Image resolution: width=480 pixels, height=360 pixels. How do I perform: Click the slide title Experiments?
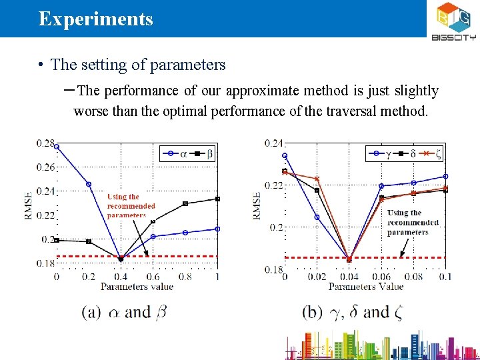click(95, 19)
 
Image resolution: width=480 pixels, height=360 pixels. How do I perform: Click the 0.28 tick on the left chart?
click(45, 142)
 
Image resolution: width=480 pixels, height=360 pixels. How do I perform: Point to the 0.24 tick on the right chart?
click(274, 143)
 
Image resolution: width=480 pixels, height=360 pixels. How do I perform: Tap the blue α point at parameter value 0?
click(57, 147)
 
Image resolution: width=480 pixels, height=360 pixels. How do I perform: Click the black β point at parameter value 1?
click(217, 199)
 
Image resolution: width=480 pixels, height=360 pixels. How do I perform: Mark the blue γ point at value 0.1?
click(445, 177)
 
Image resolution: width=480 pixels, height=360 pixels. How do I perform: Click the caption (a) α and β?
click(125, 312)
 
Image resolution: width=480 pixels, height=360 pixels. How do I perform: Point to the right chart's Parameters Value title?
click(365, 287)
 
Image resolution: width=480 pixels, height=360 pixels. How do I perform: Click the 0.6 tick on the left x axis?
click(153, 276)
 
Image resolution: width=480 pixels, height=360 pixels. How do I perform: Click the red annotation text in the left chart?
click(131, 206)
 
